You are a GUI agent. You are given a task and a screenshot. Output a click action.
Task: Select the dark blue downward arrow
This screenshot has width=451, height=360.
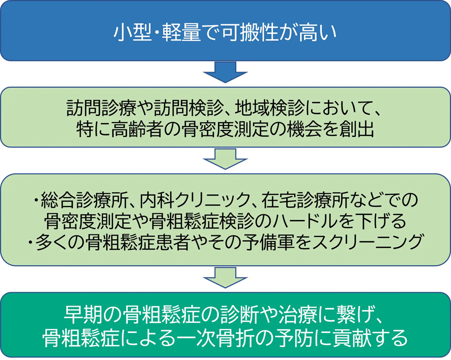pyautogui.click(x=225, y=72)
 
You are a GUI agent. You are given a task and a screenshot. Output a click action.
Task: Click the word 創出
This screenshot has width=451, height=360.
pyautogui.click(x=357, y=129)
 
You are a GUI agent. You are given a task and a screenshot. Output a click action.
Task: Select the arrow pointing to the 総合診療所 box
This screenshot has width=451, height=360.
pyautogui.click(x=225, y=159)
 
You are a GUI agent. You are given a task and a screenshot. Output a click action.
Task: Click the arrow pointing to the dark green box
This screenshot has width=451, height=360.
pyautogui.click(x=225, y=277)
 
